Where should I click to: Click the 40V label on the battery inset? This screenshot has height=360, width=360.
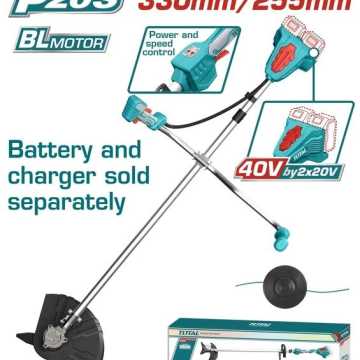coord(254,171)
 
